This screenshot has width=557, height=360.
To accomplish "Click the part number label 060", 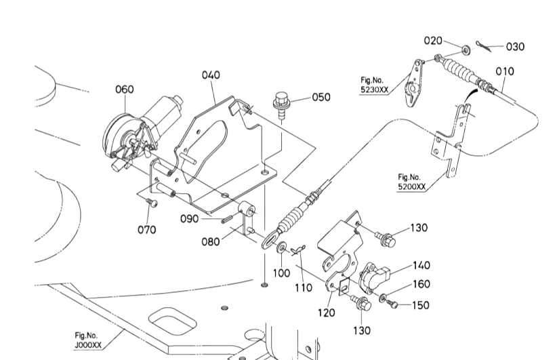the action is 125,89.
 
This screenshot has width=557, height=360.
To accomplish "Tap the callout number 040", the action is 211,75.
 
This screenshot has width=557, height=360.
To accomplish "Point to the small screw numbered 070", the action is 152,203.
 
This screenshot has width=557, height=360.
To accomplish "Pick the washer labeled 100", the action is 283,247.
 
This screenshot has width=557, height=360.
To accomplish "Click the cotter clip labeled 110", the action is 297,250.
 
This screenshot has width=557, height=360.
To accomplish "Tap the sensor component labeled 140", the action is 373,277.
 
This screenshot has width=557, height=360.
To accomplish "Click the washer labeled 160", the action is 383,298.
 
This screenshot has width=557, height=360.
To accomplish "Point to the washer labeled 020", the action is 466,50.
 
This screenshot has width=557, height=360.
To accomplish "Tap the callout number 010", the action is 504,71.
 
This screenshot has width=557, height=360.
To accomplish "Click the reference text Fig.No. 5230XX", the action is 375,85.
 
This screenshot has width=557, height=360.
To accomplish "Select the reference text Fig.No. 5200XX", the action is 411,182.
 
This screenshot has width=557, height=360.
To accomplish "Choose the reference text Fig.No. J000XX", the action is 87,340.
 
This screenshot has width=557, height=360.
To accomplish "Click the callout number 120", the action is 327,313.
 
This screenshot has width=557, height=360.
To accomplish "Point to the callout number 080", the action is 211,241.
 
